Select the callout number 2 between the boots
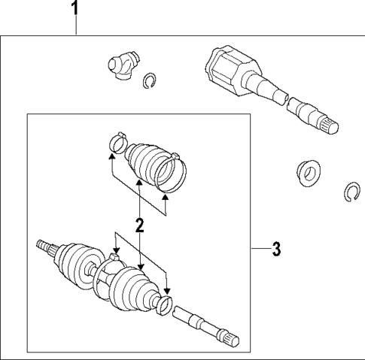coord(139,224)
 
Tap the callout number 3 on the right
coord(276,249)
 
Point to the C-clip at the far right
coord(350,193)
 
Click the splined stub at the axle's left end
coord(44,247)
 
